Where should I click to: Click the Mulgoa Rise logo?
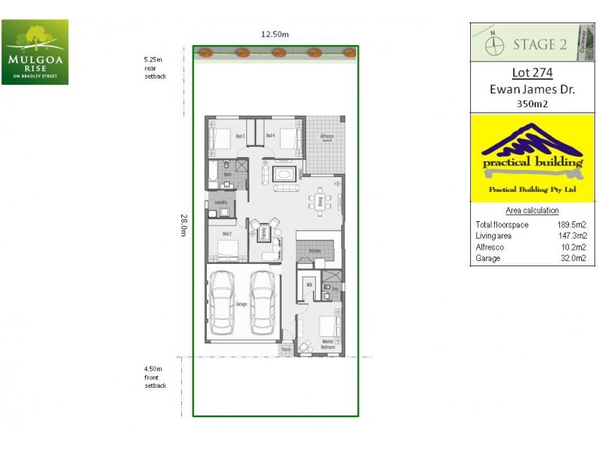click(x=34, y=52)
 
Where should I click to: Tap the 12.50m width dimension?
click(x=275, y=34)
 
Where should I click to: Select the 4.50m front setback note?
click(x=155, y=376)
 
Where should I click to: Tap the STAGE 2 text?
click(x=539, y=44)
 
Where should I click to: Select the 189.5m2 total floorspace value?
click(x=571, y=225)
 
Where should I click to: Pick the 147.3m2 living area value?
click(x=571, y=235)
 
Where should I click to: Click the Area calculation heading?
click(x=532, y=211)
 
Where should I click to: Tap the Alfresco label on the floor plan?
click(x=326, y=136)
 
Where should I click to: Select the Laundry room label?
click(x=221, y=202)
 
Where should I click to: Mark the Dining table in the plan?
click(x=320, y=201)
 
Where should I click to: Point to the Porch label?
click(x=285, y=349)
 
